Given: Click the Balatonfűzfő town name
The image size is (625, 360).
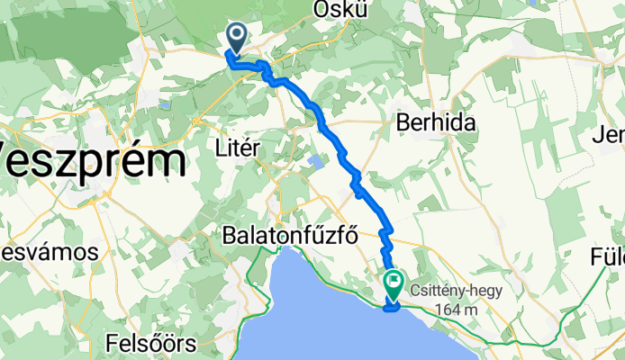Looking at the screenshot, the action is [x=290, y=236].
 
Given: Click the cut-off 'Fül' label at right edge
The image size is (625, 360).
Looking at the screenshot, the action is [x=609, y=256].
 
